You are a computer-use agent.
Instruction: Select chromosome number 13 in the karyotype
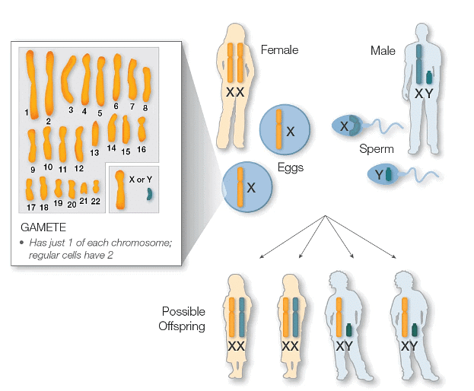pos(95,134)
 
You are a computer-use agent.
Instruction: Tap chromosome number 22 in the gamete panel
pos(97,186)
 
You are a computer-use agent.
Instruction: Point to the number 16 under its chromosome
pos(142,150)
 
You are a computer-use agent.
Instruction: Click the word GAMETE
pos(45,227)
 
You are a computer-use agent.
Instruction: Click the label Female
pos(279,50)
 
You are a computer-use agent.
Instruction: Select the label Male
pos(383,50)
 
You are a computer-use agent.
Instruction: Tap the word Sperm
pos(376,150)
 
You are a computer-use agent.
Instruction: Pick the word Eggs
pos(290,167)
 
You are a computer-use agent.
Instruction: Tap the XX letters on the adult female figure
pos(235,91)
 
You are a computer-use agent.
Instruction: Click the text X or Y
pos(140,180)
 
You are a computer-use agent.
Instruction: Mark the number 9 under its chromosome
pos(33,169)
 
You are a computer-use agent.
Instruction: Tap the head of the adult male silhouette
pos(419,30)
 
